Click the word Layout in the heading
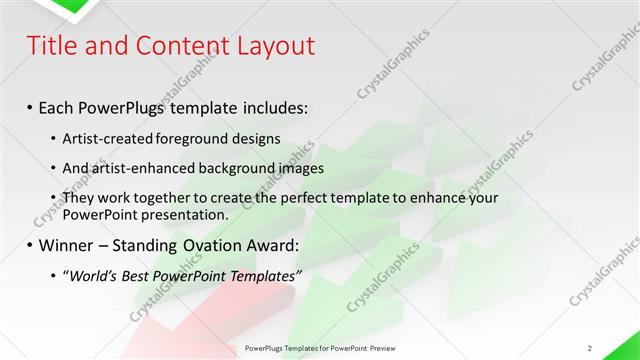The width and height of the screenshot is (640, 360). [x=273, y=46]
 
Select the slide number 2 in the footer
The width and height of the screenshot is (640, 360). [x=590, y=347]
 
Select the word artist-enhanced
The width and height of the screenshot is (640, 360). [x=141, y=168]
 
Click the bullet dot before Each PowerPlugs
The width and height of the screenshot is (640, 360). [x=30, y=107]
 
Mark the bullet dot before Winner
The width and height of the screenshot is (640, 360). [x=30, y=243]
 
